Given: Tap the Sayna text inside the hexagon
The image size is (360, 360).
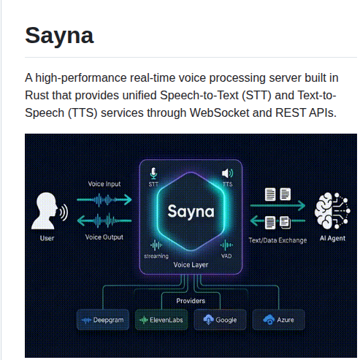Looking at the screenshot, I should pyautogui.click(x=191, y=212).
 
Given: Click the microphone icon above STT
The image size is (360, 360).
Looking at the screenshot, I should pyautogui.click(x=153, y=173).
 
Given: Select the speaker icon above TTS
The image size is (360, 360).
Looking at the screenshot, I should pyautogui.click(x=227, y=173).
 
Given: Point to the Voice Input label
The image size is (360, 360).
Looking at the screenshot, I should pyautogui.click(x=104, y=184).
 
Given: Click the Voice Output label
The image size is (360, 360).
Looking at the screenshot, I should pyautogui.click(x=104, y=237).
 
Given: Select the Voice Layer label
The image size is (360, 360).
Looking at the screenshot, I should pyautogui.click(x=191, y=264).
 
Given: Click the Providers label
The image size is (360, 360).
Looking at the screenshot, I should pyautogui.click(x=191, y=300).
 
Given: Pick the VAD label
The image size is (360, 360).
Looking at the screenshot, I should pyautogui.click(x=226, y=256).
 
